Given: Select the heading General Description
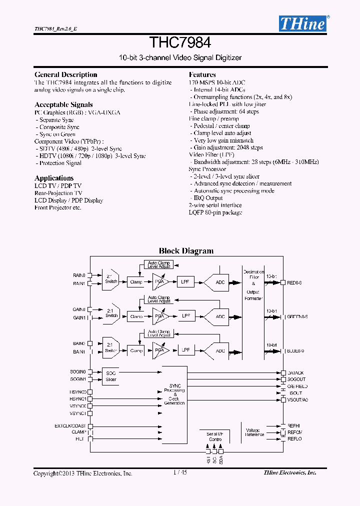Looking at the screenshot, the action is point(65,74).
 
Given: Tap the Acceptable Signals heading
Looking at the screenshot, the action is point(63,104).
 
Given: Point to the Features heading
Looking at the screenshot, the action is point(202,74).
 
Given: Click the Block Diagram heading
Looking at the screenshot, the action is point(186,251).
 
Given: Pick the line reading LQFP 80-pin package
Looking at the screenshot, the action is point(215,212).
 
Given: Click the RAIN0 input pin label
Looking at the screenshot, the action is point(79,275).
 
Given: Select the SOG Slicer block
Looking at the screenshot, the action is point(111,376).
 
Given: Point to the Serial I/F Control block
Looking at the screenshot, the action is point(215,436).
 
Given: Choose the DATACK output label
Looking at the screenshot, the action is point(295,373).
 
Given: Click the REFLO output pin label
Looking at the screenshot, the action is point(294,439).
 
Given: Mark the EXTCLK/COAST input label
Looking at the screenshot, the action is point(70,426).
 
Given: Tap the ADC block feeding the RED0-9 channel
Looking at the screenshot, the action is point(220,282).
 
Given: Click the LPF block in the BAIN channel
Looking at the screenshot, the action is point(186,350).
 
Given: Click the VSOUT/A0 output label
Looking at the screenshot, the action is point(297,399).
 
